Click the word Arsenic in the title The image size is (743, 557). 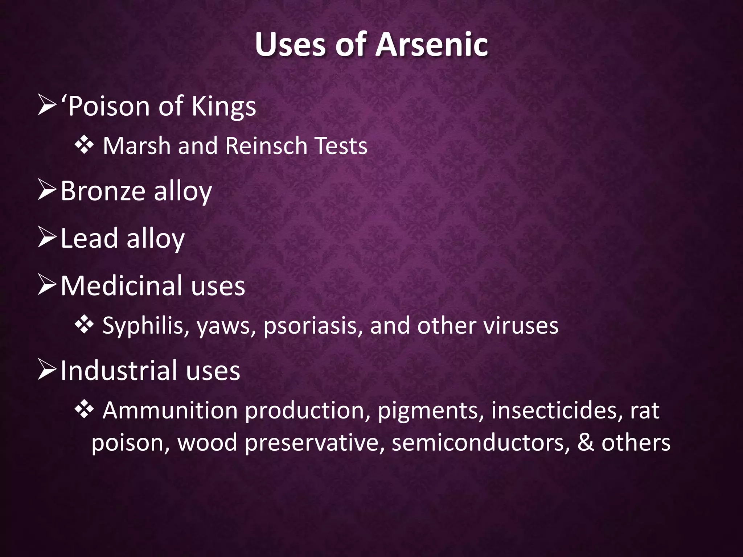pyautogui.click(x=432, y=45)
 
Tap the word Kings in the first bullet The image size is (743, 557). pyautogui.click(x=223, y=107)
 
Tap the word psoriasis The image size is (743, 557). pyautogui.click(x=313, y=326)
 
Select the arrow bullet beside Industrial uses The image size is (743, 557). pyautogui.click(x=47, y=371)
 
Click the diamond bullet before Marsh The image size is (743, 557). pyautogui.click(x=84, y=146)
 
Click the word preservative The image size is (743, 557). pyautogui.click(x=314, y=443)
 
